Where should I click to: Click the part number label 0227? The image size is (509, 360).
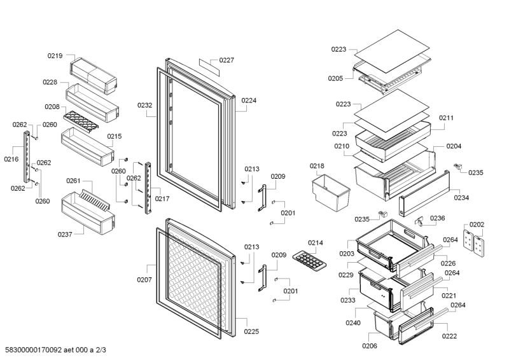pyautogui.click(x=227, y=60)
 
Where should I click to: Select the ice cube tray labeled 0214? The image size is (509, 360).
pyautogui.click(x=309, y=260)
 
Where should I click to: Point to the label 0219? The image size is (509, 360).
pyautogui.click(x=55, y=55)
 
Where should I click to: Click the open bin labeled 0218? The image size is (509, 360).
pyautogui.click(x=331, y=193)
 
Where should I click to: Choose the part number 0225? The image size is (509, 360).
pyautogui.click(x=251, y=331)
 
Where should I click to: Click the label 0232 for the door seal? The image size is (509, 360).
pyautogui.click(x=145, y=105)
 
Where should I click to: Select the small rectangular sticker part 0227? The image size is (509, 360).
pyautogui.click(x=209, y=67)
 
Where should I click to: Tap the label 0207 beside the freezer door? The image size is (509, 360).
pyautogui.click(x=144, y=280)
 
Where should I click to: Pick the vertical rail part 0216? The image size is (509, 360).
pyautogui.click(x=27, y=157)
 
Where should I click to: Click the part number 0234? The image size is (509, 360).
pyautogui.click(x=461, y=197)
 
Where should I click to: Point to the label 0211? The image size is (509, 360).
pyautogui.click(x=447, y=118)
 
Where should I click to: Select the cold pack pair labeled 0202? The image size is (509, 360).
pyautogui.click(x=473, y=243)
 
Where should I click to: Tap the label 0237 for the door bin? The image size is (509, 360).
pyautogui.click(x=65, y=234)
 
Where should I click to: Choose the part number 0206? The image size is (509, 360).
pyautogui.click(x=370, y=346)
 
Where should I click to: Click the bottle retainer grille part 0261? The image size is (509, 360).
pyautogui.click(x=95, y=200)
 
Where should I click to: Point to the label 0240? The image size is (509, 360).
pyautogui.click(x=353, y=322)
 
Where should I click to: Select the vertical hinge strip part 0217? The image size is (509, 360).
pyautogui.click(x=148, y=188)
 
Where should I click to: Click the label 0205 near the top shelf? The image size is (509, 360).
pyautogui.click(x=335, y=78)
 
